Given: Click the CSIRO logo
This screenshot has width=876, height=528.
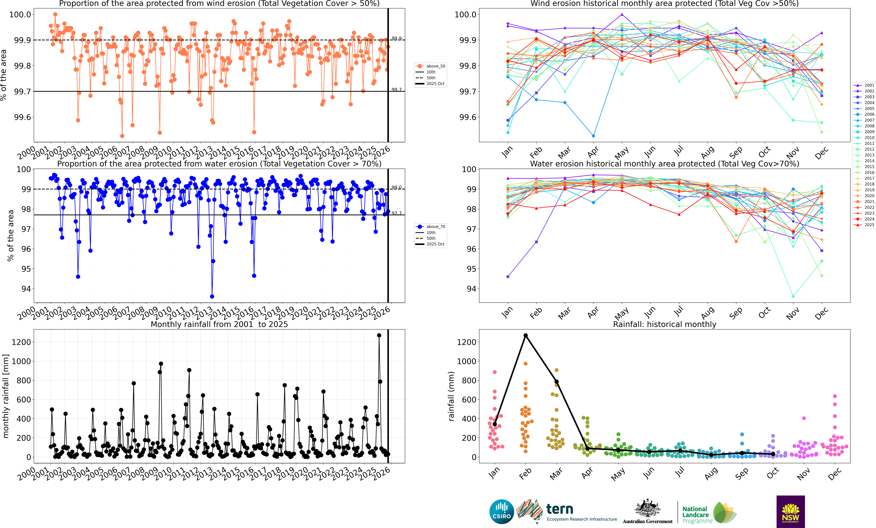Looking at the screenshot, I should [x=501, y=512].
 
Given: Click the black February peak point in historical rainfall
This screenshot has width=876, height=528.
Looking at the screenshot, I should [x=525, y=335].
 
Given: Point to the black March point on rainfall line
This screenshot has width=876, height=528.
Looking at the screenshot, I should [x=556, y=382].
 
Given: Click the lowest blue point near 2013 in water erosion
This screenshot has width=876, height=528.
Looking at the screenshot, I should [x=212, y=297].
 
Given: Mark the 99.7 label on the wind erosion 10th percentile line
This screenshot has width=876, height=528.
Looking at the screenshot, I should [x=396, y=89].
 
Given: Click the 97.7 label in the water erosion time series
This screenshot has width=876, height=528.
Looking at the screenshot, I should [x=396, y=213].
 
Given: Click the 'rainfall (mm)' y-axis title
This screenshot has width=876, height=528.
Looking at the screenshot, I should [x=451, y=396].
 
